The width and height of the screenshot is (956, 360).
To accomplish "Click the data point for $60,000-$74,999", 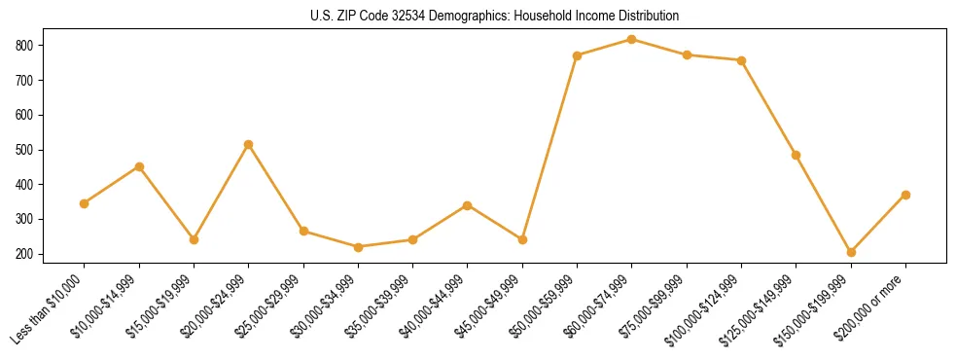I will [x=632, y=40].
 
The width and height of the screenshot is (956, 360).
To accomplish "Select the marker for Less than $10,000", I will [x=85, y=203].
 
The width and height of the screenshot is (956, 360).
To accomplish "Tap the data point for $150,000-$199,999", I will [x=851, y=252].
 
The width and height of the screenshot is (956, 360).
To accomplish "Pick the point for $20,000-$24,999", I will [x=249, y=144].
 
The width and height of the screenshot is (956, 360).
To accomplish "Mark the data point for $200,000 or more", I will [x=905, y=195].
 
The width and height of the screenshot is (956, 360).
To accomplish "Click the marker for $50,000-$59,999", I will [x=578, y=55].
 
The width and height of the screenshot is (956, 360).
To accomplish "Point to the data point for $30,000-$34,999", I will [x=358, y=247].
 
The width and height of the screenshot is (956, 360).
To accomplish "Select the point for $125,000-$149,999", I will [x=797, y=155].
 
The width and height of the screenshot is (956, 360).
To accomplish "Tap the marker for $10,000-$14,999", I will [x=139, y=166].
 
